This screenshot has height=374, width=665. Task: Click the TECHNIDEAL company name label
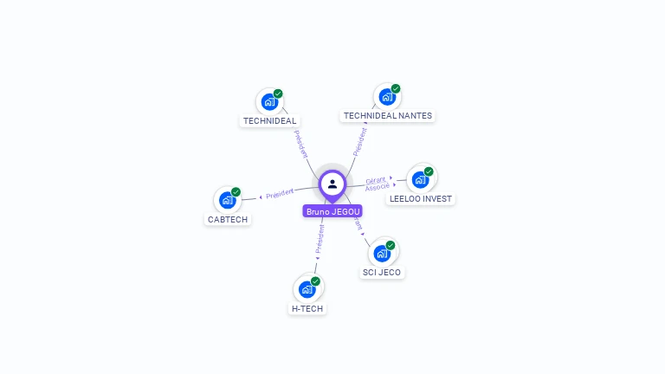270,121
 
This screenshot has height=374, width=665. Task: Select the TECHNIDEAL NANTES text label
387,116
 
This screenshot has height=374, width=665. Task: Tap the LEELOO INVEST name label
421,199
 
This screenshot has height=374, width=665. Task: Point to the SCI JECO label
382,273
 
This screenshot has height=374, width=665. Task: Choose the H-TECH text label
307,308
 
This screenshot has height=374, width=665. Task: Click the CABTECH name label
228,220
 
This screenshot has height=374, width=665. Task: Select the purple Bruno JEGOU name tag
332,211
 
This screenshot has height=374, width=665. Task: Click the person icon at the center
332,184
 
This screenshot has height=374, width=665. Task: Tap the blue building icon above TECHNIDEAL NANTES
386,98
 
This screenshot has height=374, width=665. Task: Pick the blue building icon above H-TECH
307,290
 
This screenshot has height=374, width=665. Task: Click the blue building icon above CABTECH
227,201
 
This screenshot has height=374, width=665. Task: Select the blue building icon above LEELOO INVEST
420,180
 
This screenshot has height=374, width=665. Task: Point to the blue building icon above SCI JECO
381,254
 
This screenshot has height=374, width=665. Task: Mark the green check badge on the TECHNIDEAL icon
278,93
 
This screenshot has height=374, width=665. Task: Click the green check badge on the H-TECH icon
315,281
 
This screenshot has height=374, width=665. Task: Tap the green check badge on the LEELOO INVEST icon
429,171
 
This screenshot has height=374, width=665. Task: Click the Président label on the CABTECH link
280,193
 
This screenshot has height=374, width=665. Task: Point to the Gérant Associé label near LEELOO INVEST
377,184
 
